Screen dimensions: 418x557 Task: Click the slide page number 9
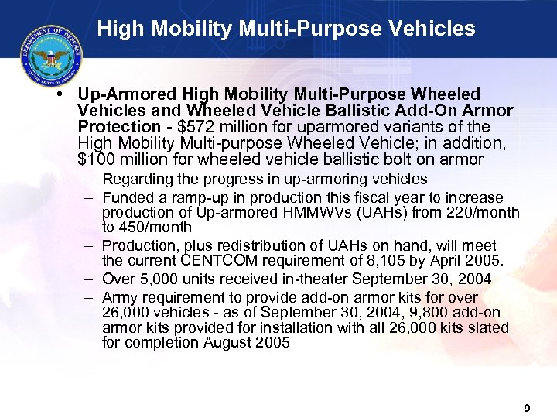click(527, 408)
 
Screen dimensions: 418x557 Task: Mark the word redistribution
click(239, 243)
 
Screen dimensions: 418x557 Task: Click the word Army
click(120, 298)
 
